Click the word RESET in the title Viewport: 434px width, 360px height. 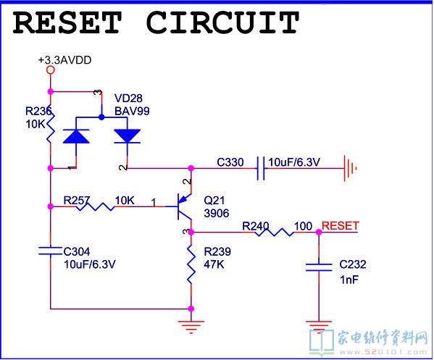coord(67,22)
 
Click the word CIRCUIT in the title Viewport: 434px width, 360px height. coord(222,22)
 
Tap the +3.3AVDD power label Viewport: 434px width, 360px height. coord(64,60)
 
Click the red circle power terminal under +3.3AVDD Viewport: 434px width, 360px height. coord(51,70)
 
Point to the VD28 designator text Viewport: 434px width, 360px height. coord(128,99)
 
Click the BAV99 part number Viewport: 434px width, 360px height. coord(132,112)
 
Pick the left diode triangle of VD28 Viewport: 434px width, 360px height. coord(76,136)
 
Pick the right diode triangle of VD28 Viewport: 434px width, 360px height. coord(127,136)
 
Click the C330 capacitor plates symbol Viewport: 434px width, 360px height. coord(260,168)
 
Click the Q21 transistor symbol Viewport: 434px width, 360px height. coord(184,206)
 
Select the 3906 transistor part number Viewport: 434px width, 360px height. coord(217,214)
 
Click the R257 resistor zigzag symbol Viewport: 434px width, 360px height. coord(96,206)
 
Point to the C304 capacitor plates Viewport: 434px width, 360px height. coord(51,251)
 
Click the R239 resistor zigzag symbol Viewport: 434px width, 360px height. coord(191,264)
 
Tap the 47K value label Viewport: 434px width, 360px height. coord(214,264)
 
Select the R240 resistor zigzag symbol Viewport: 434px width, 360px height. coord(275,233)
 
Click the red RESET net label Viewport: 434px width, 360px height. coord(340,226)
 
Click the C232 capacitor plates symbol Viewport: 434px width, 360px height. coord(319,267)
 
